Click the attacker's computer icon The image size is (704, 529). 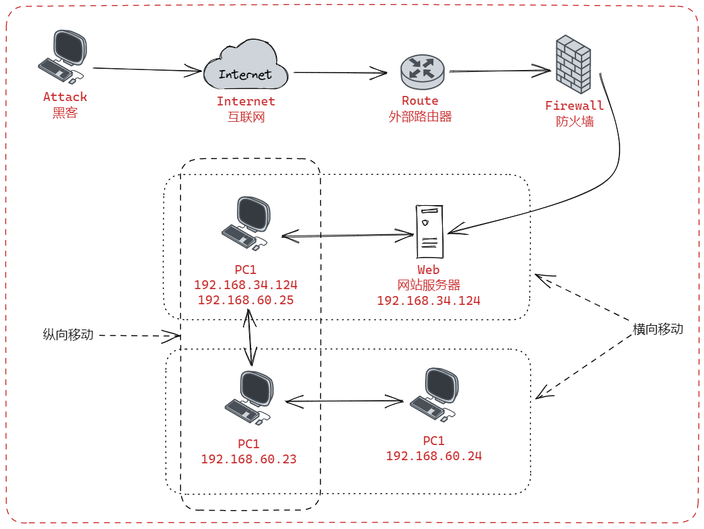point(62,56)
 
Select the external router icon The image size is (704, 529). point(422,71)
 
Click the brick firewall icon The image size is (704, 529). point(573,64)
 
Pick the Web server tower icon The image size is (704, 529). point(429,232)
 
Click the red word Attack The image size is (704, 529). point(65,97)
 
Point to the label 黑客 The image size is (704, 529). point(65,112)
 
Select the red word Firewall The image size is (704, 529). point(574,106)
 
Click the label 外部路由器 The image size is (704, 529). point(420,116)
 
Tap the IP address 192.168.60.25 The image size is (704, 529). point(245,300)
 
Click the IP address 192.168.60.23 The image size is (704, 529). point(249,460)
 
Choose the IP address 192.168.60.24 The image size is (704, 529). point(433,456)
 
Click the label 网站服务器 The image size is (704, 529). point(428,285)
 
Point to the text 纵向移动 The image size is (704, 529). point(68,335)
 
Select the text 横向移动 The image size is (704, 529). point(658,330)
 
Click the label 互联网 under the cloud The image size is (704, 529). point(246,116)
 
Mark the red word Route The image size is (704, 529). point(420,101)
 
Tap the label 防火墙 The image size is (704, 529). point(574,121)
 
